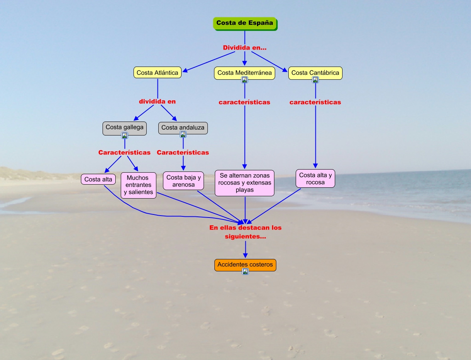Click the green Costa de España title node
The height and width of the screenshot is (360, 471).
click(245, 23)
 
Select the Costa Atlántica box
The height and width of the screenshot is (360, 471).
click(158, 73)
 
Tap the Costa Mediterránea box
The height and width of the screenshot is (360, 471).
click(245, 72)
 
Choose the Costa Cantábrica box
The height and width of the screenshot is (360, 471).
click(315, 72)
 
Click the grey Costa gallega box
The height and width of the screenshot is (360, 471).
click(124, 127)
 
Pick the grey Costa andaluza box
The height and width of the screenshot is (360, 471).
click(183, 127)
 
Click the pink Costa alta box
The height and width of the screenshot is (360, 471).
click(98, 179)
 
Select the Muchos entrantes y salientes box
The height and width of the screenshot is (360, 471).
click(139, 185)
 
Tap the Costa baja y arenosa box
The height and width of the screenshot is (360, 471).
click(183, 181)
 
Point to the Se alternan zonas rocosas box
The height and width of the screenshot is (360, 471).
click(245, 183)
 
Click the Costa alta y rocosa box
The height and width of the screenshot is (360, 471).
click(315, 178)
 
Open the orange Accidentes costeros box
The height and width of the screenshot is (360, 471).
click(245, 265)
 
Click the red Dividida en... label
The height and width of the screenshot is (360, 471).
click(245, 48)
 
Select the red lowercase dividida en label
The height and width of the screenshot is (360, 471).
click(157, 101)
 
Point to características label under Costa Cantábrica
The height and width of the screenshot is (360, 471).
click(315, 102)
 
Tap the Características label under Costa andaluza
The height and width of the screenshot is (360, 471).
click(183, 153)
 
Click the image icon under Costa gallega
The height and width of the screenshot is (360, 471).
click(125, 135)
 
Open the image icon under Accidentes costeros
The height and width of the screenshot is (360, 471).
click(245, 272)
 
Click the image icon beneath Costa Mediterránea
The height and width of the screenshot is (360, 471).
click(245, 80)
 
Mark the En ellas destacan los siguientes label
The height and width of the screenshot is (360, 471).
click(245, 232)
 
